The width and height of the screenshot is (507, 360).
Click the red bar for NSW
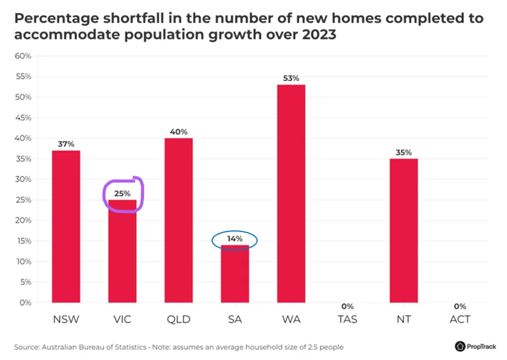tap(66, 227)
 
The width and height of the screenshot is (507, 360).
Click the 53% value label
tap(291, 78)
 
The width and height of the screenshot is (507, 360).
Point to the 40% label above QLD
tap(179, 132)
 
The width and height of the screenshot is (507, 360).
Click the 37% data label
tap(66, 144)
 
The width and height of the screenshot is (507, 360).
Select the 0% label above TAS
tap(347, 307)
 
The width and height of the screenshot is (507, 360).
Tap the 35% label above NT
tap(403, 152)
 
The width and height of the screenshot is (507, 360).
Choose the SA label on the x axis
tap(235, 320)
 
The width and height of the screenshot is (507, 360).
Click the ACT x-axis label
tap(460, 320)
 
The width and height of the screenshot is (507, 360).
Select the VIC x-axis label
tap(122, 320)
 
